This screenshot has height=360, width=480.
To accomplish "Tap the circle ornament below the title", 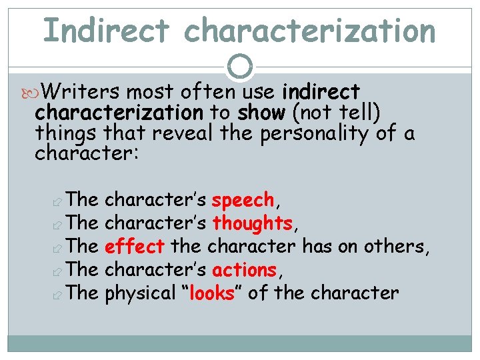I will pos(240,67).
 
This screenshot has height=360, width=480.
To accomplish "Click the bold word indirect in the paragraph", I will pos(321,91).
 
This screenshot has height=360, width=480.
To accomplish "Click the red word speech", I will pos(243,199).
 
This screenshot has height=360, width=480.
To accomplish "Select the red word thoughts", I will pos(252,223).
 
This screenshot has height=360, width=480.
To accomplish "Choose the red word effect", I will pos(135,247).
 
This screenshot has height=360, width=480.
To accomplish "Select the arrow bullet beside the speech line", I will pos(57,201).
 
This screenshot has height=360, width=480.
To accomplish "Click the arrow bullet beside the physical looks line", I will pos(57,294).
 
